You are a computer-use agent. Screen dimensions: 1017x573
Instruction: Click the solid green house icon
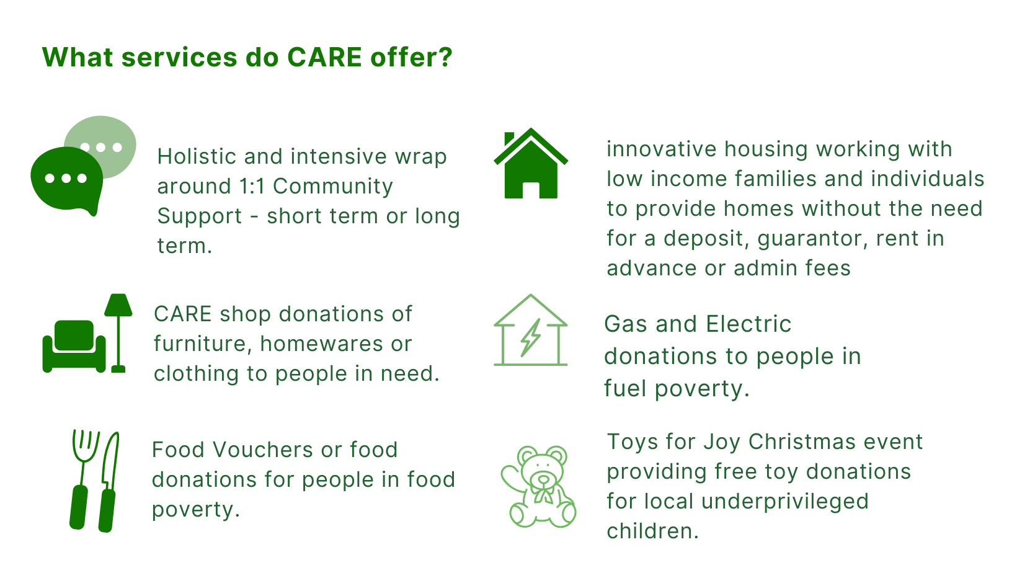pos(531,164)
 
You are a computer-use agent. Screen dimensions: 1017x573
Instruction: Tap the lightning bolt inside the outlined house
pos(531,337)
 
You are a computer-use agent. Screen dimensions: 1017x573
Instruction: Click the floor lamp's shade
pos(118,305)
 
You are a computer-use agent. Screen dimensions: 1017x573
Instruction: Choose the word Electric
pos(748,324)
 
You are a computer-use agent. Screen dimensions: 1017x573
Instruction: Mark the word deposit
pos(706,239)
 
